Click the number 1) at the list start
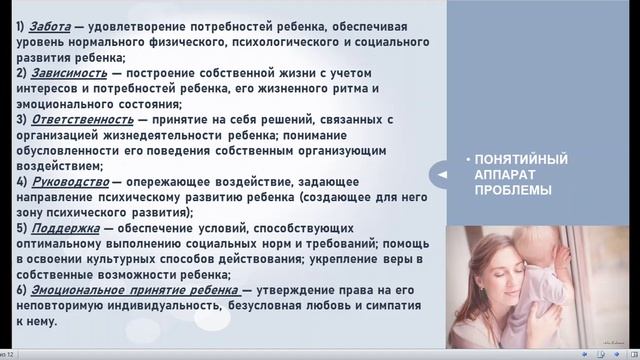coord(22,26)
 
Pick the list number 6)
coord(22,290)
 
